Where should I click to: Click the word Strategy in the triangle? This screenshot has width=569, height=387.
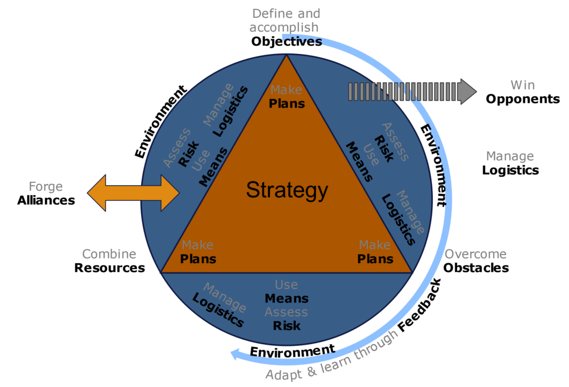click(287, 190)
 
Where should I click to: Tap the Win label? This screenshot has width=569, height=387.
click(522, 85)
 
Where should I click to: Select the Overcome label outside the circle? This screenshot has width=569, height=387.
click(476, 254)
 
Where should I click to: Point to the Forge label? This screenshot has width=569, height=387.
click(46, 187)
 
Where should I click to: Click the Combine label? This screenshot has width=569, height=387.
click(109, 254)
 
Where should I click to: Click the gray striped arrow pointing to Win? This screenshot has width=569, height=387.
click(412, 91)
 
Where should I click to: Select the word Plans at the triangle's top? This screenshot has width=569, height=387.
click(287, 103)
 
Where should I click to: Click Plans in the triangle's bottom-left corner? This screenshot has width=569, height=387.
click(198, 259)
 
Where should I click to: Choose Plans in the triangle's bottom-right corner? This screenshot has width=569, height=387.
click(375, 259)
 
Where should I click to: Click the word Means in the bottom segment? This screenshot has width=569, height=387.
click(286, 299)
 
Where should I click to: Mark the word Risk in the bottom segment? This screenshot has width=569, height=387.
click(286, 325)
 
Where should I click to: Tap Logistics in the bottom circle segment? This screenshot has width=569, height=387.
click(218, 310)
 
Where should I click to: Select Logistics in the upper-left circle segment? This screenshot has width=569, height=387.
click(231, 111)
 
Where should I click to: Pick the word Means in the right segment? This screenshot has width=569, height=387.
click(359, 162)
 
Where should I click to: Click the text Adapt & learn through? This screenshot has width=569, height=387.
click(332, 356)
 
